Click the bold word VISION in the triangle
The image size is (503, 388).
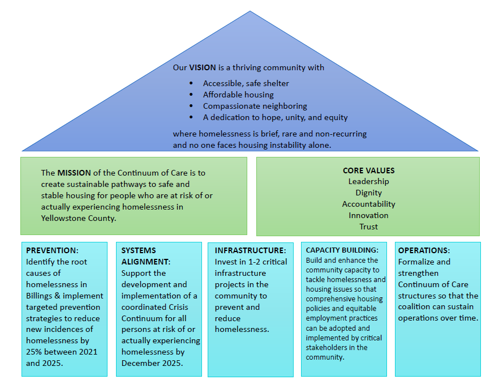(x=203, y=67)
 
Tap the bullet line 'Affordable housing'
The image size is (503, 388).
(x=238, y=95)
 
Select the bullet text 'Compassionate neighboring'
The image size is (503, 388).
(x=255, y=106)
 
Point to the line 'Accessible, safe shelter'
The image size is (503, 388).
(x=246, y=83)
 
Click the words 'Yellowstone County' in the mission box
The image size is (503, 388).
(x=79, y=218)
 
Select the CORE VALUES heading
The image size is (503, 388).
(x=368, y=170)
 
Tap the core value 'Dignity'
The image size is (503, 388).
(x=368, y=193)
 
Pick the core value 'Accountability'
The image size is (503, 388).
(x=368, y=204)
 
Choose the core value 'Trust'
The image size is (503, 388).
(x=368, y=227)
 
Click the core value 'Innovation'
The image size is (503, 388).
(x=368, y=215)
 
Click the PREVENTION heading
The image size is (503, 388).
(x=52, y=250)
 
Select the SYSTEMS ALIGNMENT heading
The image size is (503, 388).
(x=146, y=256)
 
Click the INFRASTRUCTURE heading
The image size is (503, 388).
(x=250, y=250)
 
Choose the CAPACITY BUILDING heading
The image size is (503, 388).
(x=342, y=250)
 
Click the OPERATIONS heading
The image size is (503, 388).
(x=424, y=250)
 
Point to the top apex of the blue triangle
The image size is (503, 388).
(x=250, y=11)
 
